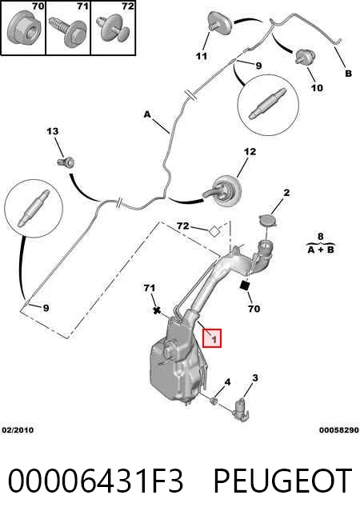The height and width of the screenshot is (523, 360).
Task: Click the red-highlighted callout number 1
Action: [x=212, y=338]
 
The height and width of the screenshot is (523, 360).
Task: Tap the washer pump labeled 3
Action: [x=241, y=409]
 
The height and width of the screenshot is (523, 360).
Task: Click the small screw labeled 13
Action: [x=66, y=162]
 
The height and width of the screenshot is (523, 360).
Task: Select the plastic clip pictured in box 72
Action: [x=113, y=30]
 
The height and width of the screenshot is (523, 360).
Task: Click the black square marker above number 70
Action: [x=245, y=285]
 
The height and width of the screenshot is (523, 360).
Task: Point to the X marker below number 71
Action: [x=157, y=310]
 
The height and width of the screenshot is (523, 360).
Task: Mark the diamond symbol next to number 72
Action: [x=214, y=231]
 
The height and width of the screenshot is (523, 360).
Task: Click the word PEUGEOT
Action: [x=283, y=481]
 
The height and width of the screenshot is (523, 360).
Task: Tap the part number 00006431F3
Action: [x=96, y=481]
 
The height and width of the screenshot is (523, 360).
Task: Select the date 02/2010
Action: [x=18, y=430]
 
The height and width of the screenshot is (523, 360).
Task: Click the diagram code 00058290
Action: [x=339, y=430]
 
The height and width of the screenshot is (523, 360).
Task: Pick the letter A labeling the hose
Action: [x=147, y=114]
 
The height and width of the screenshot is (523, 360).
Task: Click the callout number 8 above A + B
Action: [x=321, y=236]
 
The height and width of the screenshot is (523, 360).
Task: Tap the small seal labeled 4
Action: [x=214, y=399]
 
